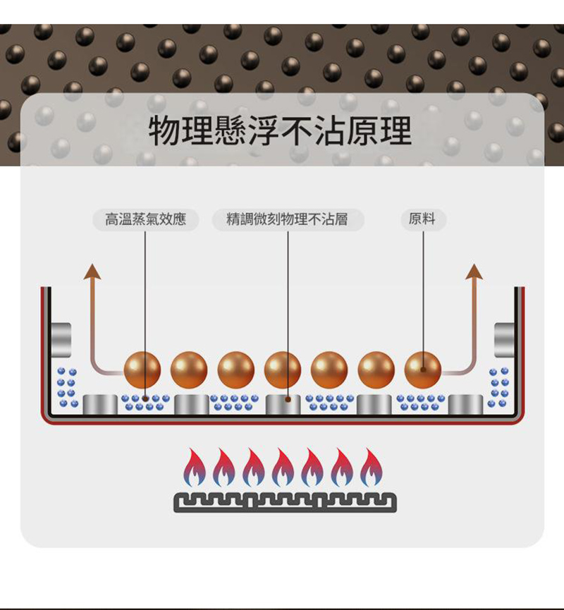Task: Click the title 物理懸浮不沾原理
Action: [280, 130]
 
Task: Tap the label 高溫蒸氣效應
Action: [145, 220]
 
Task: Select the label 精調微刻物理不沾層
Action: [288, 220]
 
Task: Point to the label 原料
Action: [423, 220]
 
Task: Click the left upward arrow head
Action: [92, 272]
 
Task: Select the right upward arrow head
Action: [474, 272]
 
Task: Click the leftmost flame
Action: [195, 468]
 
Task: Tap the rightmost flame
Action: [371, 468]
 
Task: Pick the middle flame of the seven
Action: [283, 468]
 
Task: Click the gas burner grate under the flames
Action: [285, 502]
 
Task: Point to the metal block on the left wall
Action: [60, 339]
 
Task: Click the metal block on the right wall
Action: [506, 339]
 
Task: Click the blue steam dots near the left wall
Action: [67, 387]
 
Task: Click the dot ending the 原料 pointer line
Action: [423, 368]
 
